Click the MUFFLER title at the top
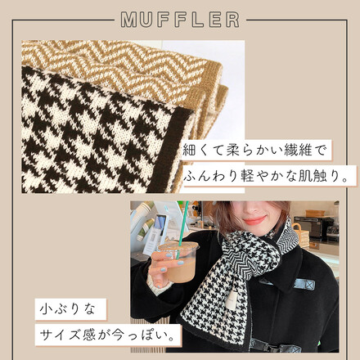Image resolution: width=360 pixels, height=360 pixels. [x=180, y=20]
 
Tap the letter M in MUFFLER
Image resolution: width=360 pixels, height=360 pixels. [x=128, y=20]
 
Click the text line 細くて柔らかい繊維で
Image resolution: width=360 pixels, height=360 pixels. [x=254, y=151]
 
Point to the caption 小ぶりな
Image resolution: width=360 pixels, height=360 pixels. [x=68, y=309]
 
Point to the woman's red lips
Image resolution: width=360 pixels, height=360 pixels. [x=255, y=219]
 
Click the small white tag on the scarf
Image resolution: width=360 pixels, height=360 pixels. [x=231, y=300]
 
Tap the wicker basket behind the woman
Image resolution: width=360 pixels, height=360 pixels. [x=301, y=235]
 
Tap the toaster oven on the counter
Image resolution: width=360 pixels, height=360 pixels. [x=313, y=226]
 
